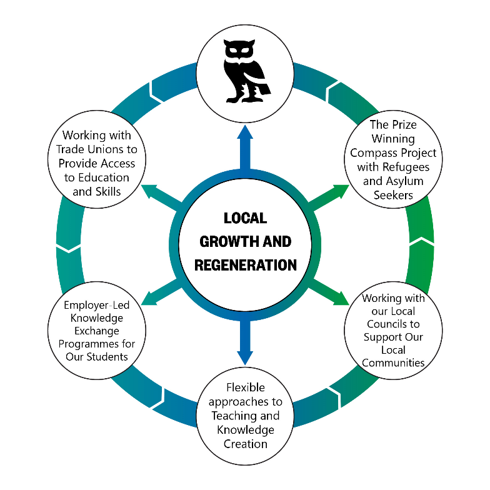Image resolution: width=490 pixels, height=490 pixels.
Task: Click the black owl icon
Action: [x=245, y=73]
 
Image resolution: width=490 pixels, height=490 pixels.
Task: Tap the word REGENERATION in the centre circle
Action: [x=245, y=264]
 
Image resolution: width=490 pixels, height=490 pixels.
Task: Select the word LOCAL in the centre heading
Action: [x=245, y=218]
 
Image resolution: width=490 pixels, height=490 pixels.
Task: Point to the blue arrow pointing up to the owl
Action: [x=245, y=147]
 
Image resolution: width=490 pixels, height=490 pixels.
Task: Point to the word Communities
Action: [x=394, y=362]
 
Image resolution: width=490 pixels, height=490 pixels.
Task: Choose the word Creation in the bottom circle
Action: [x=245, y=443]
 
